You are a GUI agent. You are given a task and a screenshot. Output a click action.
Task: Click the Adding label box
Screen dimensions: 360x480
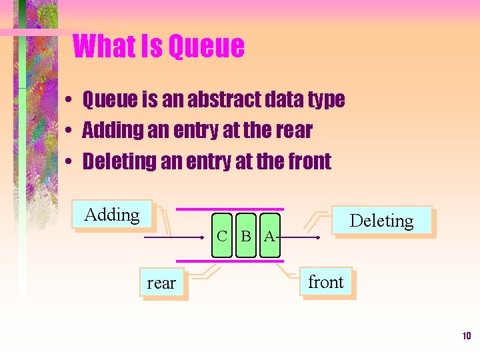coord(112,215)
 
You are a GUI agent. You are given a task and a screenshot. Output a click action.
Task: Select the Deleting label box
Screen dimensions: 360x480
coord(381,220)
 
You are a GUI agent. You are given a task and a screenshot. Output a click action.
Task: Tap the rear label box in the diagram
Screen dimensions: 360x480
coord(161,283)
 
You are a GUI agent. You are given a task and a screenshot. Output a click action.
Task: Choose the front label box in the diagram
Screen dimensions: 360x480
coord(326,283)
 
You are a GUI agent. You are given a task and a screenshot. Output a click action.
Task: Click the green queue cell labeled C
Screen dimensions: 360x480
coord(223,236)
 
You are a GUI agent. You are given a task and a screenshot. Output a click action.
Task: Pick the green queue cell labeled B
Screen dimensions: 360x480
coord(246,236)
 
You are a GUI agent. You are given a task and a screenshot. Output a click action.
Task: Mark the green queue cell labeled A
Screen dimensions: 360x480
coord(269,236)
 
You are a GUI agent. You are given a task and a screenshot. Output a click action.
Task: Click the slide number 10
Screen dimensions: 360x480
coord(466,335)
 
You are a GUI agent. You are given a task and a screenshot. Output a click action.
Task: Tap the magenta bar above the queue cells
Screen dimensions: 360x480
coord(247,210)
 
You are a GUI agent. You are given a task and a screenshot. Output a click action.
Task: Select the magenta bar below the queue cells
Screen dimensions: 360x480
coord(247,261)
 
